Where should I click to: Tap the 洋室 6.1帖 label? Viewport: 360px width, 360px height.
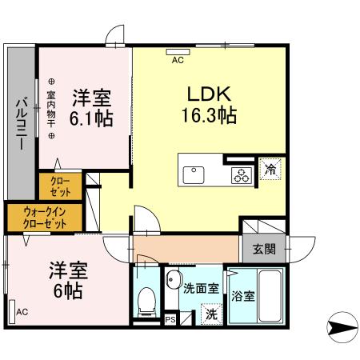pos(91,108)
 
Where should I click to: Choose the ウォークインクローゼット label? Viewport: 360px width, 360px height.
pos(43,216)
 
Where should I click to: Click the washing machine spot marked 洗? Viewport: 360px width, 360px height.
pos(210,314)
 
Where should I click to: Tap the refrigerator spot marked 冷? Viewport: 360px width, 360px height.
pos(270,170)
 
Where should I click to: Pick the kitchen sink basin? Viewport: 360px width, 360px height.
pos(195,174)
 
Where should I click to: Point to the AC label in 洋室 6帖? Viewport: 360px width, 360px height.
pos(22,311)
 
